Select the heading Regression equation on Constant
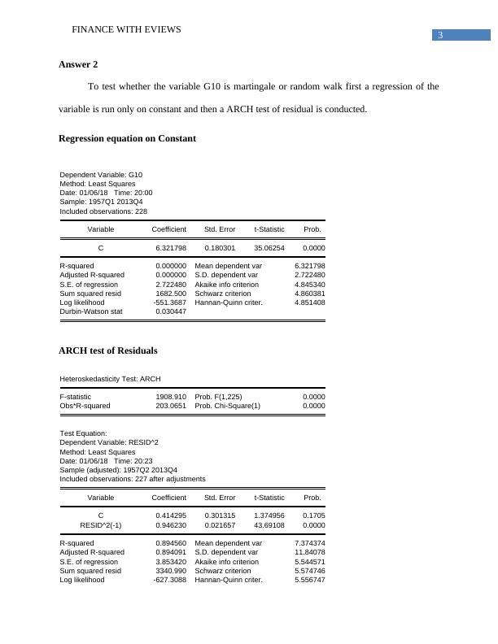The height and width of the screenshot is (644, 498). pos(127,138)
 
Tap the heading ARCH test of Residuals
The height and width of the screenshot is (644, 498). pos(108,350)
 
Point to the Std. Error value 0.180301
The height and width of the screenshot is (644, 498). pos(220,247)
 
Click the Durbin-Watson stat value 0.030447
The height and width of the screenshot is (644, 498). pos(171,311)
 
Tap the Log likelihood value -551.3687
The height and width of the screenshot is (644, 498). pos(170,302)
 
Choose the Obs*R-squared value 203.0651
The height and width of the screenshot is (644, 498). pos(171,406)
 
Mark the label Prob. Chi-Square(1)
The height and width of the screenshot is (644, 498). pos(228,406)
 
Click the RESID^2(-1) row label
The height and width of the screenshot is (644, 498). pos(101,525)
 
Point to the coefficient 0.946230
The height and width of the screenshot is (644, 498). pos(171,525)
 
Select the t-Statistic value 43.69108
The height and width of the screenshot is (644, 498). pos(269,525)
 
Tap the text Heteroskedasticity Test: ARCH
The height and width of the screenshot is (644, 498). pos(111,379)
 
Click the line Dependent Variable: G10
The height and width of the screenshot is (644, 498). pos(101,175)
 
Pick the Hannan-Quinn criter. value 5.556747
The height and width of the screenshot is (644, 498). pos(310,581)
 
